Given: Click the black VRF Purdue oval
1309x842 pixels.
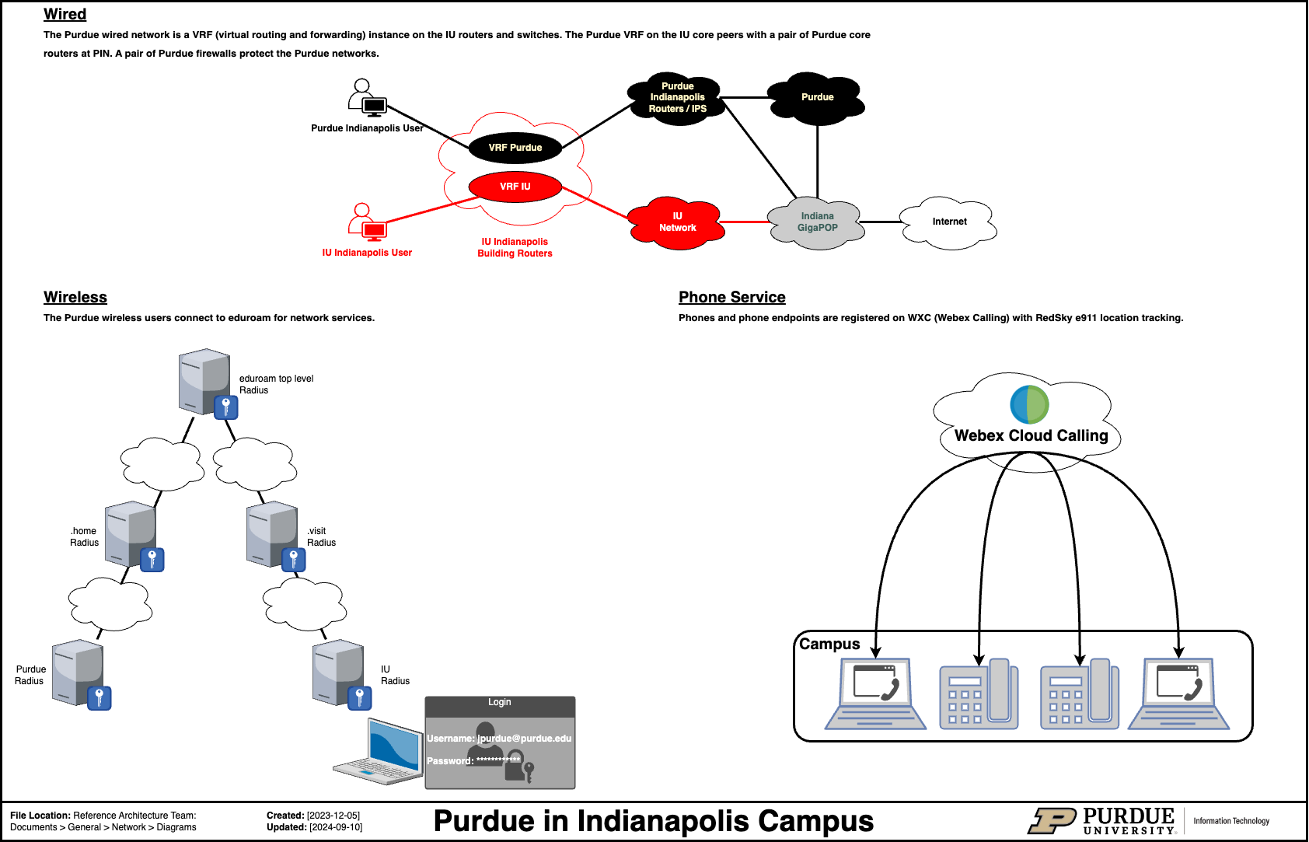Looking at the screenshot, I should click(x=515, y=148).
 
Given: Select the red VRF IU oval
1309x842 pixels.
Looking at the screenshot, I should click(x=515, y=187).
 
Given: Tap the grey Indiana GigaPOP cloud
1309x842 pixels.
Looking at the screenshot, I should click(x=816, y=222).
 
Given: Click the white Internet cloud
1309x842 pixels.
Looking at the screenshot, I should click(x=948, y=222).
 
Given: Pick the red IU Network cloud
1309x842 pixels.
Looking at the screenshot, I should click(x=676, y=222).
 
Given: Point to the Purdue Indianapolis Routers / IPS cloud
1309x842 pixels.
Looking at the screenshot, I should click(x=677, y=98).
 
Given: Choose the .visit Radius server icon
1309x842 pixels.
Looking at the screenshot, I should click(x=274, y=535).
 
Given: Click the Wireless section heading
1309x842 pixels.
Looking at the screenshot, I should click(x=75, y=297).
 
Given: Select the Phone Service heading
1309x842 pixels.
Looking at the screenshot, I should click(x=731, y=297).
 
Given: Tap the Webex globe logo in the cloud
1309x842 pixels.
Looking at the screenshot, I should click(x=1029, y=404).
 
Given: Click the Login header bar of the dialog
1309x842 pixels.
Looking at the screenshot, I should click(x=500, y=703).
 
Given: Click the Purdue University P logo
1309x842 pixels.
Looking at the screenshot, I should click(x=1052, y=821).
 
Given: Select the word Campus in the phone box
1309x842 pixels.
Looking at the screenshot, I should click(x=829, y=644).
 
